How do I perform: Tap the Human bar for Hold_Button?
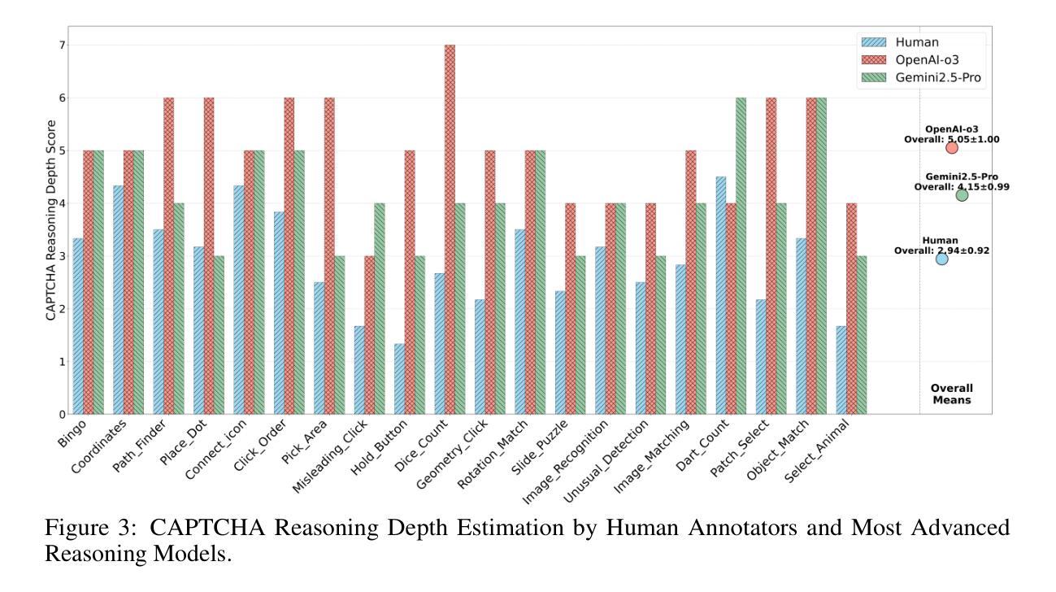point(399,379)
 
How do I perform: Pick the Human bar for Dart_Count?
point(721,295)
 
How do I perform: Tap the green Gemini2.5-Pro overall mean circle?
point(962,194)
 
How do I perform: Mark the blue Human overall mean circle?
point(941,259)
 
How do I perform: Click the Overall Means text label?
point(951,394)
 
